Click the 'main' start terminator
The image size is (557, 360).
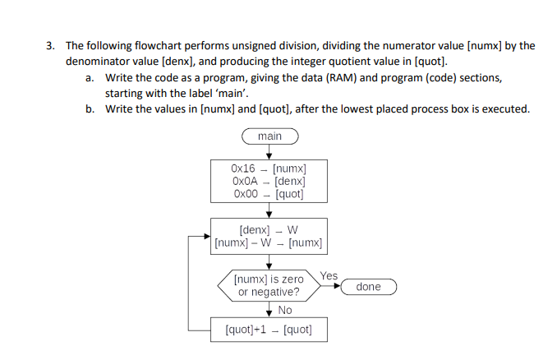[x=269, y=136]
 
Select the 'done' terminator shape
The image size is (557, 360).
[x=369, y=287]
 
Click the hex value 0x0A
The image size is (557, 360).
[x=245, y=181]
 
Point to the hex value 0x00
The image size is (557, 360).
[x=245, y=194]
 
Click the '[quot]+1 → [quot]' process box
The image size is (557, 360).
[x=269, y=330]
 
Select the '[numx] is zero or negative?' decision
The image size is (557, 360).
[x=269, y=286]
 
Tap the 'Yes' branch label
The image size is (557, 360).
[x=329, y=276]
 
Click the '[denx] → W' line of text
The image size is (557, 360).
[x=269, y=230]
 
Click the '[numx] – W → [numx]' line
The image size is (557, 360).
[x=268, y=243]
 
